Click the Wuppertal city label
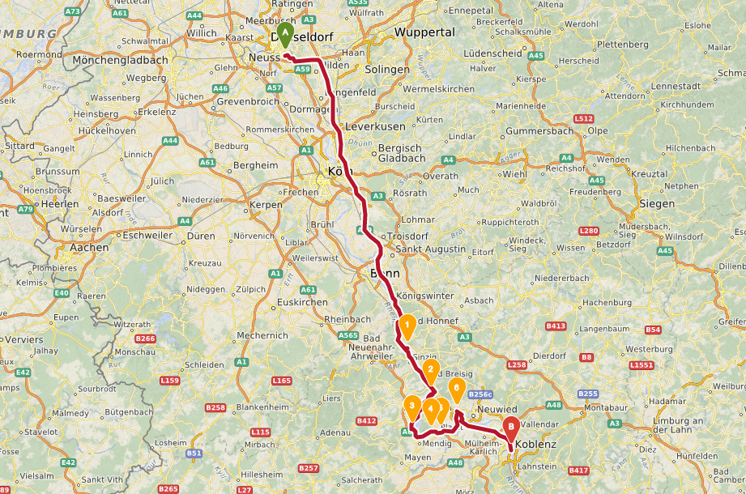tap(424, 32)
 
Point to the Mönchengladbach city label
tap(120, 60)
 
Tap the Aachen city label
tap(89, 248)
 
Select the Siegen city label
tap(656, 203)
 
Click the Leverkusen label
tap(375, 127)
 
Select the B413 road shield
tap(556, 326)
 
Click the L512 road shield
tap(583, 118)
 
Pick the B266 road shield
tap(146, 339)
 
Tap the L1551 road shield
tap(642, 366)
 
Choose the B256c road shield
tap(480, 394)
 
